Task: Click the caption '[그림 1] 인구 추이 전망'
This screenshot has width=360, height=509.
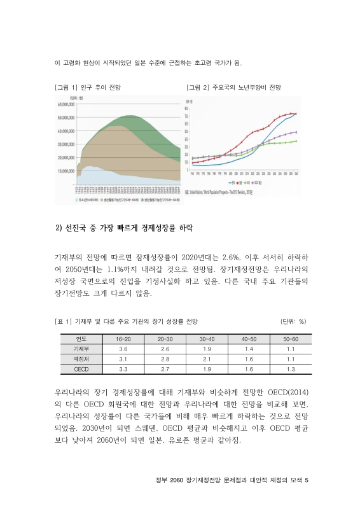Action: [88, 86]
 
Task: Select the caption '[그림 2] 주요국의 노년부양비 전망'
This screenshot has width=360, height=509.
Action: [233, 86]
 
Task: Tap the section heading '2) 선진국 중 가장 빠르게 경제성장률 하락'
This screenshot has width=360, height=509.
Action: [125, 228]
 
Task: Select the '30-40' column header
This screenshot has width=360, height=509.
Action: [207, 339]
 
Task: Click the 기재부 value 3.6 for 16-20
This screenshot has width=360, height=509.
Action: [123, 349]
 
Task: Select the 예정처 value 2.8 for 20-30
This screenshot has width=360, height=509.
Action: [165, 359]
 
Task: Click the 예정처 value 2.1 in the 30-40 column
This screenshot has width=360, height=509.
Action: [207, 359]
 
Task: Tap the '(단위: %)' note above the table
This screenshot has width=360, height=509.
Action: [294, 322]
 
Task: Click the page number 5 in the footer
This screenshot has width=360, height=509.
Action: [307, 481]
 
